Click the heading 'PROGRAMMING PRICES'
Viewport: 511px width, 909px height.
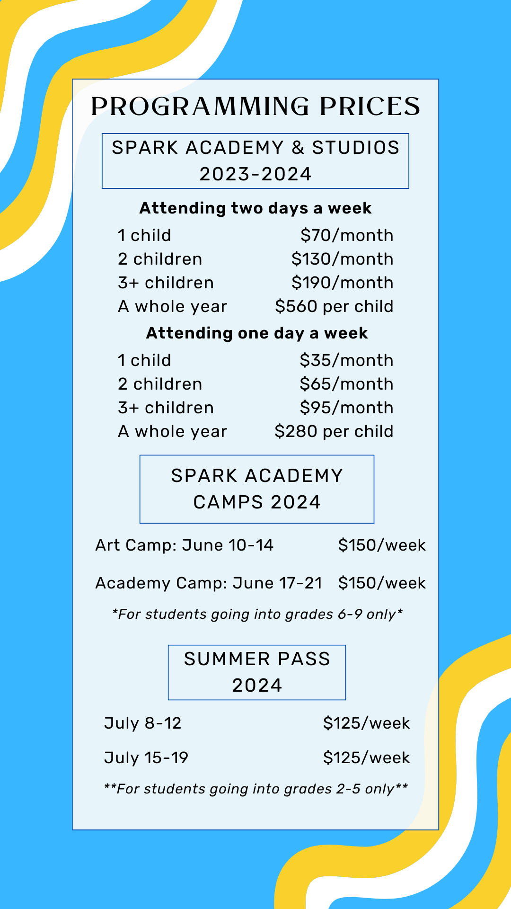point(255,107)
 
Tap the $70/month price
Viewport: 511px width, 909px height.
point(347,235)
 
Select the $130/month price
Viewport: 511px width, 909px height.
point(342,259)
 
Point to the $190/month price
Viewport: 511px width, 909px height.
point(342,283)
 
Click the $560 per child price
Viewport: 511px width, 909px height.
point(334,306)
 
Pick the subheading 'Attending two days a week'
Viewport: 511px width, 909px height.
point(255,208)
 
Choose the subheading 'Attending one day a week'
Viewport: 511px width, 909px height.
point(257,333)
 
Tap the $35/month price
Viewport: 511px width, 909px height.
point(346,360)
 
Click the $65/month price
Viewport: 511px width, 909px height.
point(346,384)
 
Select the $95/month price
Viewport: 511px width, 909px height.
point(346,408)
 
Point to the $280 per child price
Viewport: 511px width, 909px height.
point(334,431)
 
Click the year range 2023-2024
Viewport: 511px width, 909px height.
point(255,174)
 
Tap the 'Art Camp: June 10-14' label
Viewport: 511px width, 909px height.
point(185,545)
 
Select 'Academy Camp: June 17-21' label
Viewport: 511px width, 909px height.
point(209,583)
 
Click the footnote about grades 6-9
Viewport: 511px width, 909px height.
point(257,615)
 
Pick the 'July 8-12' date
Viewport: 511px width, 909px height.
point(143,723)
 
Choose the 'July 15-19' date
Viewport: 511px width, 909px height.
point(146,758)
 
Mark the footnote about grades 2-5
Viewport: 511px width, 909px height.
point(256,789)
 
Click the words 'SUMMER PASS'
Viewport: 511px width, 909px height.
point(257,659)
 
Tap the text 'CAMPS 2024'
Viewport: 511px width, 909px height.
point(257,502)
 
